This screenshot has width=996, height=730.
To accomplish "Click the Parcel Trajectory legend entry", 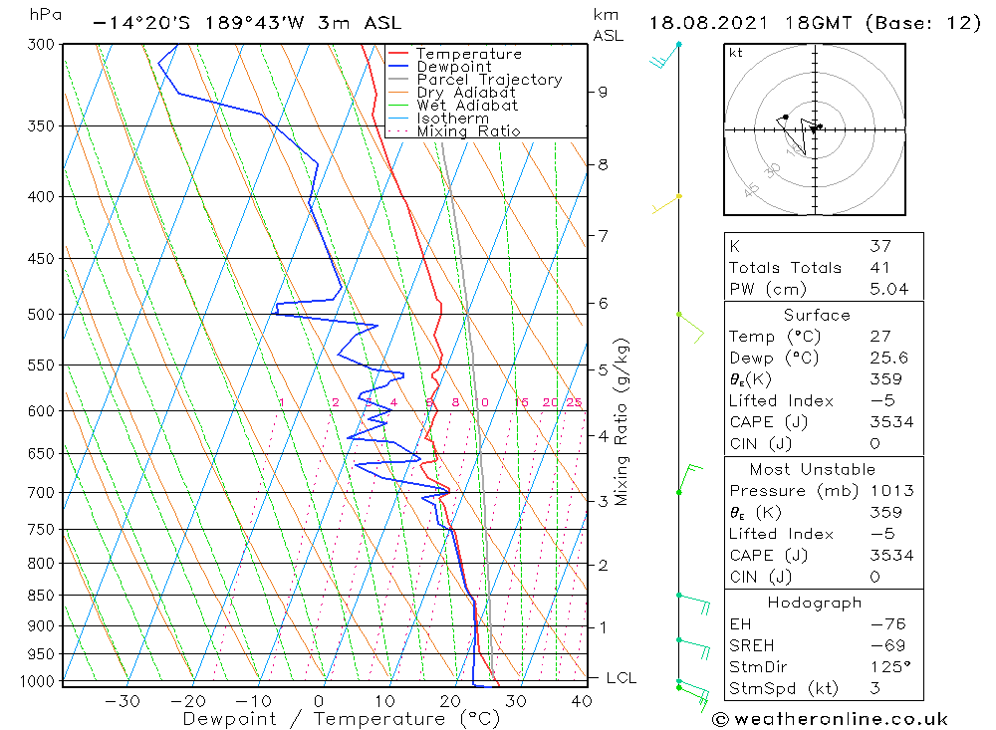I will [489, 80].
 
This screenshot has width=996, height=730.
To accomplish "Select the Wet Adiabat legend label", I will [467, 106].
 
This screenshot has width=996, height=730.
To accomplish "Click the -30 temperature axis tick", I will [123, 701].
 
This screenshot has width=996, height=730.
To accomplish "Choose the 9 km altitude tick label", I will [603, 92].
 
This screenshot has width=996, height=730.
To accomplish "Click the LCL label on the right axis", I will [621, 678].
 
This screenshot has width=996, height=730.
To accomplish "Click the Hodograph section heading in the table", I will [816, 603].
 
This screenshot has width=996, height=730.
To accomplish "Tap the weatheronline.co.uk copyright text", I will [830, 719].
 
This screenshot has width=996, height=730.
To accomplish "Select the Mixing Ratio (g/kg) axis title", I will [622, 421].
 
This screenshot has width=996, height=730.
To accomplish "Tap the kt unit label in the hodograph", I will [736, 53].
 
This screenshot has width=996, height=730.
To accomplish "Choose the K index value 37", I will [879, 246].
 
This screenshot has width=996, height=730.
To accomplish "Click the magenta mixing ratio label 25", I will [574, 402].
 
